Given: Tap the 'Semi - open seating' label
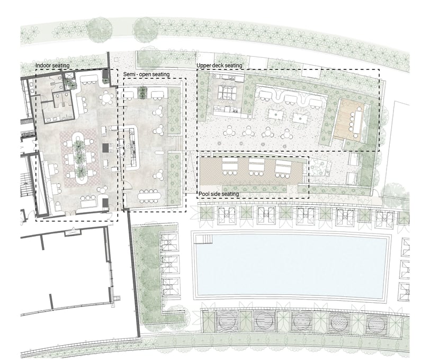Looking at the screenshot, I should point(146,75).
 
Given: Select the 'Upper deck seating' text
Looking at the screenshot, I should point(219,66).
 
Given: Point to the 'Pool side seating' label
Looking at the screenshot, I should point(219,194).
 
